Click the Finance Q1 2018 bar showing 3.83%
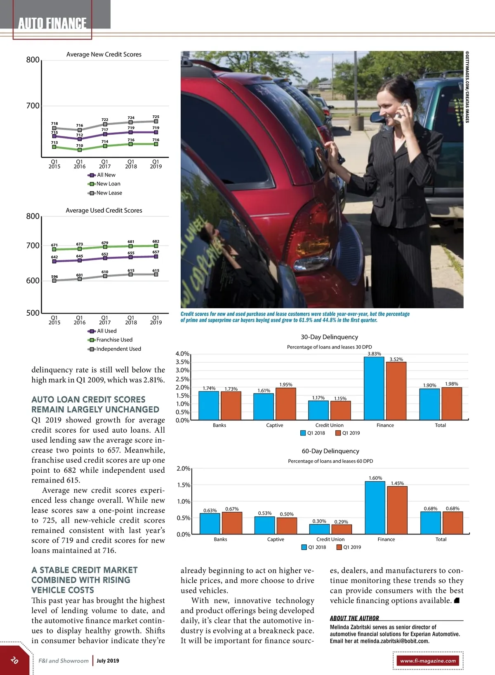point(374,388)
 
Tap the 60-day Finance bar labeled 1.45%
point(397,510)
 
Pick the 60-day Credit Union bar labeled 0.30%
point(319,529)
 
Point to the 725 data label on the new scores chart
point(156,117)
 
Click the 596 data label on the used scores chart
point(54,277)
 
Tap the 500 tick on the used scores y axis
point(33,313)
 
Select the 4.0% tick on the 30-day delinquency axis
point(182,354)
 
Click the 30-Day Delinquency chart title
point(329,337)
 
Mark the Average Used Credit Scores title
point(104,211)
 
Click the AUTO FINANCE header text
point(52,23)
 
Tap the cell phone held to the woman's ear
point(405,106)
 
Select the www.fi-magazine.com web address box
point(428,661)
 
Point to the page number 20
point(14,660)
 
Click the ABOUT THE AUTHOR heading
point(354,618)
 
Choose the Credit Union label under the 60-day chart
point(330,539)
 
